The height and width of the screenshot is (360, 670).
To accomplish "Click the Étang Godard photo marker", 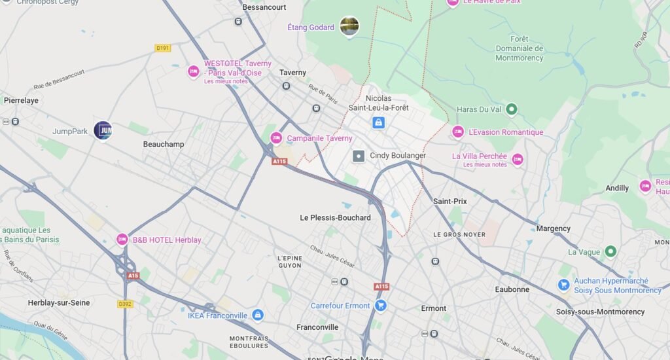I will tap(349, 26).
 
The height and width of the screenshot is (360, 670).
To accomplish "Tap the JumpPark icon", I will tap(103, 130).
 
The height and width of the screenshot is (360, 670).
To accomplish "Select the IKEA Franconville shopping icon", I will tap(258, 315).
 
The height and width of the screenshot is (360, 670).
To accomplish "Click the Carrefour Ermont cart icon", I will tap(381, 306).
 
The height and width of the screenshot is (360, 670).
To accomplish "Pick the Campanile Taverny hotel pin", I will tap(276, 138).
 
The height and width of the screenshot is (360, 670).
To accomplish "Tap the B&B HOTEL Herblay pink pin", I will tap(122, 240).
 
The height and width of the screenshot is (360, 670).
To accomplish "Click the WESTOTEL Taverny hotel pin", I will tap(193, 71).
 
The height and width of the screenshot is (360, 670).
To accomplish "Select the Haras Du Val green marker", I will tap(512, 109).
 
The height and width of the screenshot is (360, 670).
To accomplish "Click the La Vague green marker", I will tap(610, 251).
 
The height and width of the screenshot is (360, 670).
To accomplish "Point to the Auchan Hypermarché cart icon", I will tap(563, 285).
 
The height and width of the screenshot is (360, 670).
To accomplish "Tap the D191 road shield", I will tap(163, 48).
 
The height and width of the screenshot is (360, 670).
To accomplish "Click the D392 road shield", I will tap(125, 304).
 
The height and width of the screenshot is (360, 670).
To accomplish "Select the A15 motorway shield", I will tap(133, 276).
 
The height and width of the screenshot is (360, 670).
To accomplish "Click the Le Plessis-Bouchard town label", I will tap(335, 217).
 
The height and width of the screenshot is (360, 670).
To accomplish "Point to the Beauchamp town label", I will tap(164, 144).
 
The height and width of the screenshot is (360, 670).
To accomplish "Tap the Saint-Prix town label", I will tap(450, 201).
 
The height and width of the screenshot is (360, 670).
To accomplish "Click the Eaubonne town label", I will tap(512, 289).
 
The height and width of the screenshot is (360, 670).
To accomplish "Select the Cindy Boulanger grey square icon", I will tap(359, 156).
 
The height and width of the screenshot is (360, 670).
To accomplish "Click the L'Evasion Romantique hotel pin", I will tap(458, 132).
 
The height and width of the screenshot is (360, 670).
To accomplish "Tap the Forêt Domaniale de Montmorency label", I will tap(519, 48).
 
